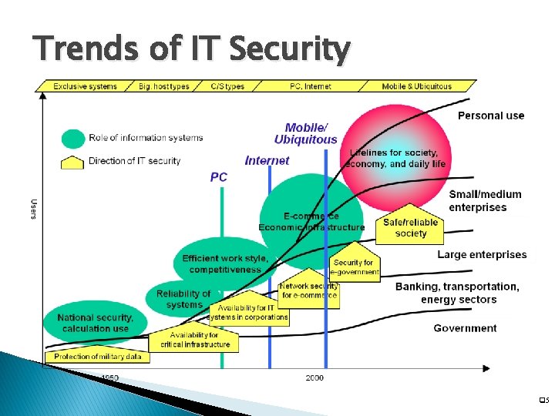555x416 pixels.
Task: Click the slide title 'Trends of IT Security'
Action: [x=191, y=51]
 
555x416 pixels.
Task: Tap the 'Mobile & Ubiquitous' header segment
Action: [x=416, y=86]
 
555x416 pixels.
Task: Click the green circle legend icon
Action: [x=72, y=139]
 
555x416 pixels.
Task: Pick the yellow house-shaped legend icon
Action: [x=72, y=162]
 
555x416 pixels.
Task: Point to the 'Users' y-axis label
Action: [x=33, y=208]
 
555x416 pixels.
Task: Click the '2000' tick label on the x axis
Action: [x=314, y=377]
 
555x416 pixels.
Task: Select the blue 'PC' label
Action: [x=219, y=177]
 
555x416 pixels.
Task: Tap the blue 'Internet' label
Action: [x=267, y=160]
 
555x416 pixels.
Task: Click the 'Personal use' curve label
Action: [x=491, y=116]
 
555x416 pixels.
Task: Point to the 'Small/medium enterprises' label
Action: [x=485, y=201]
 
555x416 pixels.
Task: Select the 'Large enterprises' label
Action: [x=482, y=255]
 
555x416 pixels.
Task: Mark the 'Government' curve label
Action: [x=465, y=328]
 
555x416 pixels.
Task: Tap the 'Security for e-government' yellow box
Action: [x=354, y=266]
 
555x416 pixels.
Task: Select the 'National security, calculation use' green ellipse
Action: [x=95, y=323]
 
